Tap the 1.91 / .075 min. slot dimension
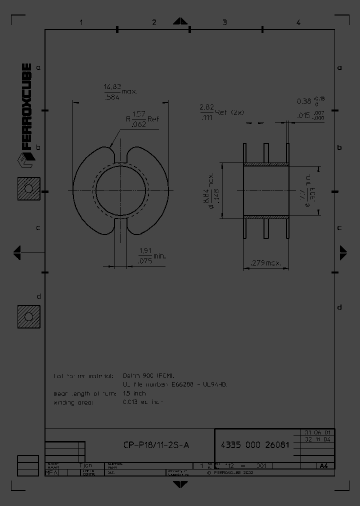151,255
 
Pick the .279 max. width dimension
265,263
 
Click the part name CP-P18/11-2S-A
156,445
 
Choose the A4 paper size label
323,465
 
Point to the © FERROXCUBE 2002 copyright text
229,471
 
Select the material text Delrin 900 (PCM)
149,375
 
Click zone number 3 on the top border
224,22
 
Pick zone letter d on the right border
339,307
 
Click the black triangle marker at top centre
180,21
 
